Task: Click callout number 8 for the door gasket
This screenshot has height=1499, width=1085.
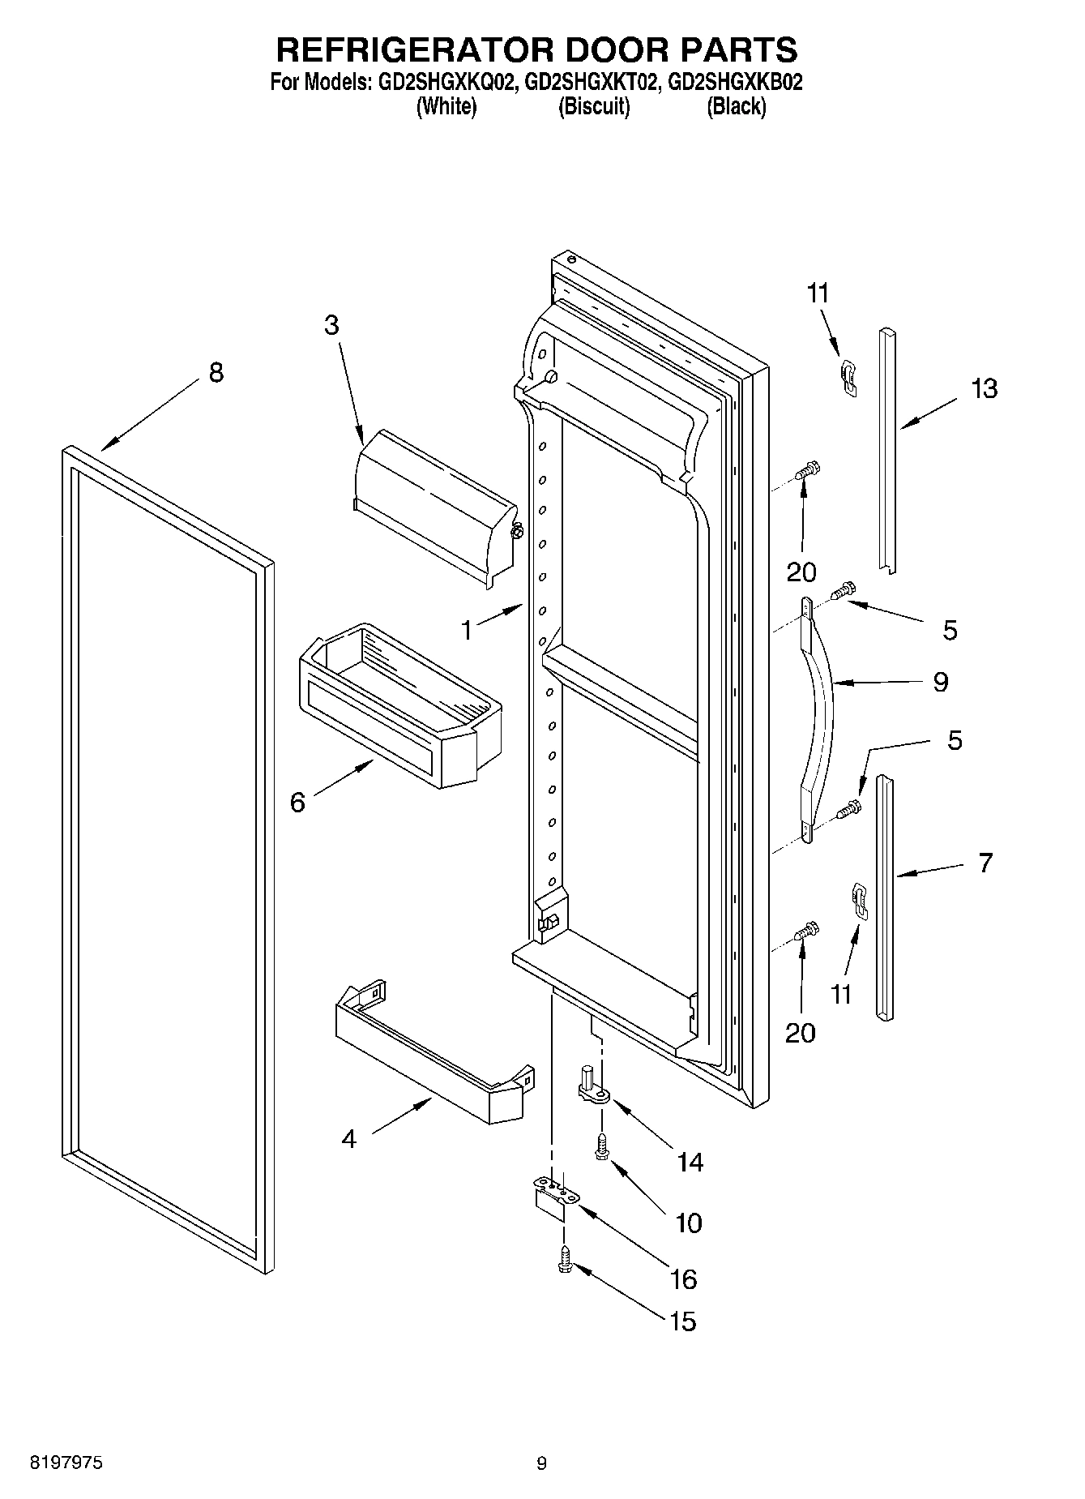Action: tap(216, 373)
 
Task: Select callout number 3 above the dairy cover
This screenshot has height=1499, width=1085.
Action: tap(331, 325)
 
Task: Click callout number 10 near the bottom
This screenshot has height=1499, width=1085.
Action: tap(688, 1223)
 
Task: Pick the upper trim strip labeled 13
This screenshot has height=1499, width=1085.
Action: tap(888, 450)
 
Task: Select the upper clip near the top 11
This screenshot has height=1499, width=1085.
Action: tap(848, 377)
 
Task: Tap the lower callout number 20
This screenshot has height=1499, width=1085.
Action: tap(801, 1032)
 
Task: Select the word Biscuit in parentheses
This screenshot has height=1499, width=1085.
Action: tap(594, 106)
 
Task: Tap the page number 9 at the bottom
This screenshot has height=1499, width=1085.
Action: tap(541, 1463)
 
